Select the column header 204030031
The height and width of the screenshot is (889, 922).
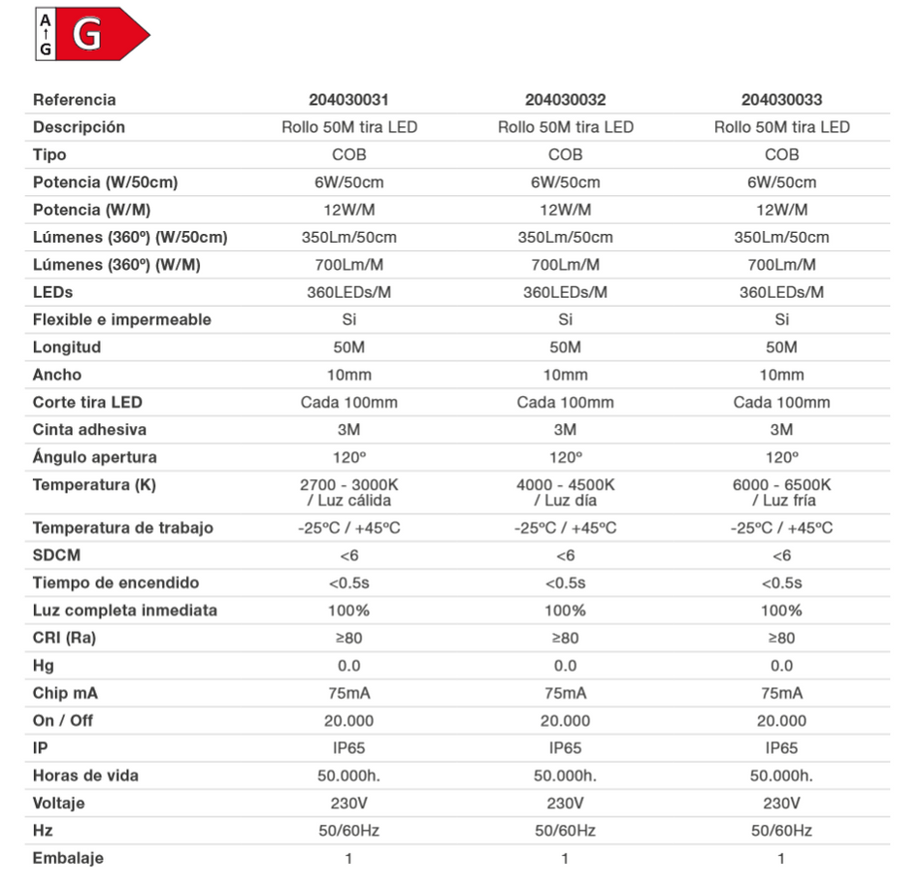click(x=348, y=100)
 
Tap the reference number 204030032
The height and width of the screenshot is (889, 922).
click(x=565, y=100)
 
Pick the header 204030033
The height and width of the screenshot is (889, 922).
click(x=781, y=100)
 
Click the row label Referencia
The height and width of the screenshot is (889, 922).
click(x=74, y=100)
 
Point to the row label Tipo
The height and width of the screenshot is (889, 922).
click(x=49, y=154)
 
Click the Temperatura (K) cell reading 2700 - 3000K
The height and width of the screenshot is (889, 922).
click(x=348, y=492)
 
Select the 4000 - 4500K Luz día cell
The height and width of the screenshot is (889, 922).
click(x=565, y=492)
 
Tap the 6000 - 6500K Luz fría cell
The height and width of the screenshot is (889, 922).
click(x=781, y=492)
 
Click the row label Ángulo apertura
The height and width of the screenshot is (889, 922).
click(x=94, y=457)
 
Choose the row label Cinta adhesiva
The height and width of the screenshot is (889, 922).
click(x=89, y=430)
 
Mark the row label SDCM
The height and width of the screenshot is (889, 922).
click(x=56, y=555)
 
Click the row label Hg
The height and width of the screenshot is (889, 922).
click(x=44, y=666)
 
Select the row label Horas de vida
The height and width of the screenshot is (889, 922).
click(x=85, y=775)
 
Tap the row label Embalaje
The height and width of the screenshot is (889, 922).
click(x=68, y=858)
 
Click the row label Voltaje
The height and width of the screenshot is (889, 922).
click(x=59, y=804)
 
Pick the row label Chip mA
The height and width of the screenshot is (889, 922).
click(x=65, y=693)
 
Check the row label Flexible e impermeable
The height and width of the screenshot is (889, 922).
click(x=121, y=319)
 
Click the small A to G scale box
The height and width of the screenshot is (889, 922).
click(x=47, y=35)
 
